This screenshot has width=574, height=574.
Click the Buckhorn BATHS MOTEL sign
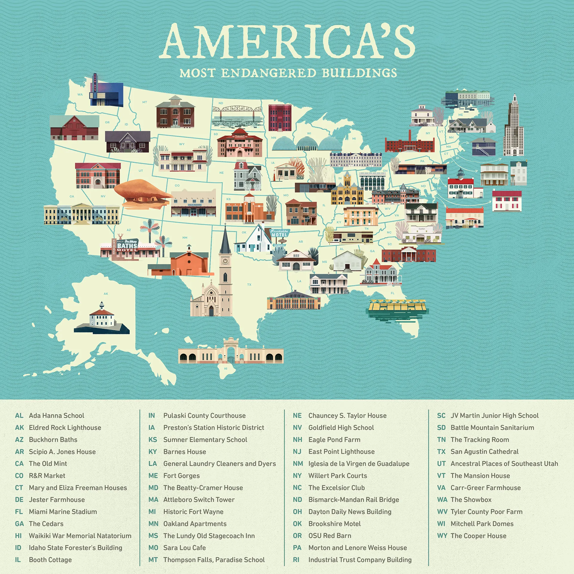pyautogui.click(x=127, y=245)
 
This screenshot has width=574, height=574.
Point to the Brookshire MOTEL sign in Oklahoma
pyautogui.click(x=280, y=233)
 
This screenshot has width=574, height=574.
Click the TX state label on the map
pyautogui.click(x=249, y=285)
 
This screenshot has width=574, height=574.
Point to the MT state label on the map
pyautogui.click(x=145, y=102)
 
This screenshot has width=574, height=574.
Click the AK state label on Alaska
pyautogui.click(x=106, y=294)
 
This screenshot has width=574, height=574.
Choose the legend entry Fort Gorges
pyautogui.click(x=181, y=476)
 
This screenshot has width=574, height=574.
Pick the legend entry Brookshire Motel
pyautogui.click(x=334, y=524)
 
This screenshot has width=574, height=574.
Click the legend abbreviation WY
pyautogui.click(x=442, y=536)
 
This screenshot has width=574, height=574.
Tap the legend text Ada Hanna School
pyautogui.click(x=57, y=416)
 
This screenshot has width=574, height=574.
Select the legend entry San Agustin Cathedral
pyautogui.click(x=484, y=452)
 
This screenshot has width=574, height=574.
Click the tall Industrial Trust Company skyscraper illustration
pyautogui.click(x=514, y=129)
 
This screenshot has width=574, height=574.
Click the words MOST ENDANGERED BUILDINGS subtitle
pyautogui.click(x=288, y=73)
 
